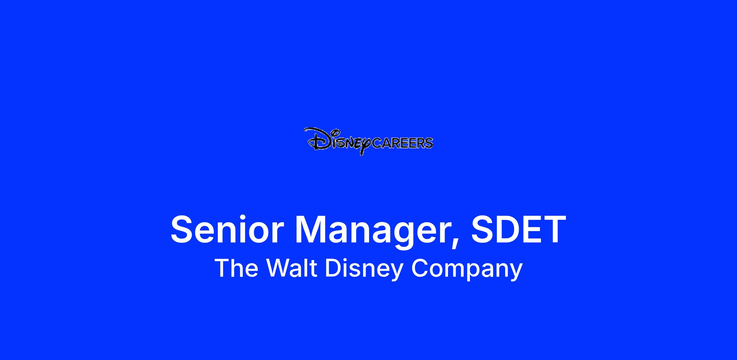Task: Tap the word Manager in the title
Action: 377,233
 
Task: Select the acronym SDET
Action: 519,230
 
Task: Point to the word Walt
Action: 291,268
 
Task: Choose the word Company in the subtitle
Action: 467,269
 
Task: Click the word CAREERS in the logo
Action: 402,143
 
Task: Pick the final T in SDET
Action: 554,230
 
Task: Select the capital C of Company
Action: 420,268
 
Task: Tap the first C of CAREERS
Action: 376,143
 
